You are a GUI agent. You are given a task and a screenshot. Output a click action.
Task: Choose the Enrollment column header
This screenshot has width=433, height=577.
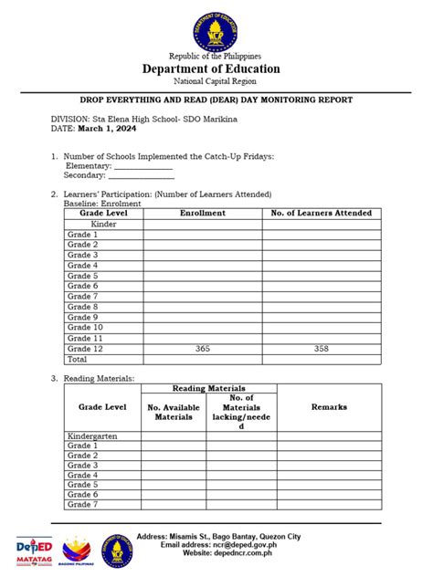click(x=202, y=213)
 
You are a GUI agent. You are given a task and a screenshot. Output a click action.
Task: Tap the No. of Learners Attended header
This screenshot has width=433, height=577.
click(x=322, y=213)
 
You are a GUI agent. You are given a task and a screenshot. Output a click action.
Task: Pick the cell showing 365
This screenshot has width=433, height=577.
click(x=202, y=349)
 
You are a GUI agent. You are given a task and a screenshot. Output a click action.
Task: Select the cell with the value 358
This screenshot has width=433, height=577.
click(x=322, y=349)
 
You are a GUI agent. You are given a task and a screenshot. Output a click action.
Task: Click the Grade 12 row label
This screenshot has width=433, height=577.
click(x=85, y=349)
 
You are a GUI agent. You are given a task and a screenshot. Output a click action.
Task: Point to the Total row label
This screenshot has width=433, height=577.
click(x=78, y=359)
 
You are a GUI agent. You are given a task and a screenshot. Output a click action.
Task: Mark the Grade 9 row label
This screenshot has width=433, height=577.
click(x=82, y=317)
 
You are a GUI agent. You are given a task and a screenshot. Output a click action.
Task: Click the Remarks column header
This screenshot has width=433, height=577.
click(x=329, y=407)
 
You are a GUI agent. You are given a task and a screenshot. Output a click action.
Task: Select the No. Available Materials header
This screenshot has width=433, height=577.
click(x=172, y=412)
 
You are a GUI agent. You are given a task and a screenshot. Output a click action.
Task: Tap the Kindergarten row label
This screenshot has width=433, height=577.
click(x=93, y=436)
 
